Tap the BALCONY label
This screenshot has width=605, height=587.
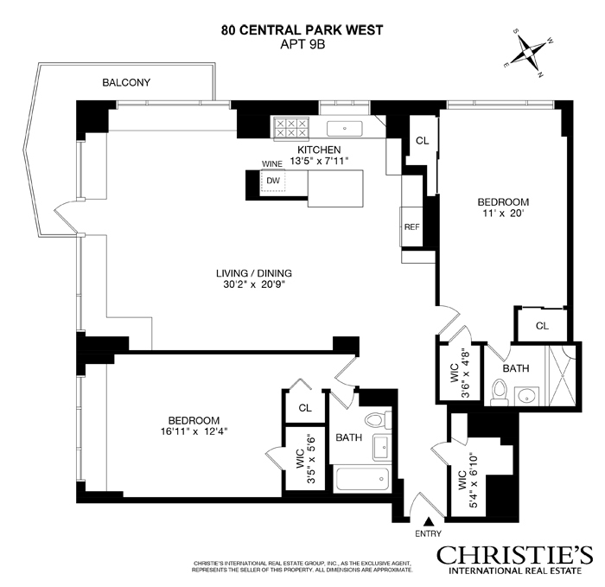coord(126,82)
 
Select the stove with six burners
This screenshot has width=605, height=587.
coord(291,128)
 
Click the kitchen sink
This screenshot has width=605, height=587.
coord(345,129)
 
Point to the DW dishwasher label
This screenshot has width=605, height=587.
coord(273,180)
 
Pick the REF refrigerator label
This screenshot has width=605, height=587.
coord(411,227)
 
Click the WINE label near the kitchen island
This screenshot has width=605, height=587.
coord(272,164)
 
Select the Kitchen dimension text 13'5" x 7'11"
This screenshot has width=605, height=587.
coord(319,161)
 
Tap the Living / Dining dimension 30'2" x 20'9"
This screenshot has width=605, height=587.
coord(253,284)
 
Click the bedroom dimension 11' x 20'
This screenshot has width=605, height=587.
coord(503,213)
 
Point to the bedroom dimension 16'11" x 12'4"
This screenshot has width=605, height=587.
coord(194,431)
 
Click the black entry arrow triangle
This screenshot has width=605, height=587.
coord(428,522)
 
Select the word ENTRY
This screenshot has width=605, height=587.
coord(428,533)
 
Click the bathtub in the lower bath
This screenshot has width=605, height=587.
coord(362,479)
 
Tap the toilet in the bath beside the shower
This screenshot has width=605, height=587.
coord(500,392)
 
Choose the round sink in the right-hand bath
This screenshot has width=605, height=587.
coord(526,396)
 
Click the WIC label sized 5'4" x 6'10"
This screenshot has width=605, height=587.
coord(468,480)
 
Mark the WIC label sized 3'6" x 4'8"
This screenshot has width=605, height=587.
coord(460,373)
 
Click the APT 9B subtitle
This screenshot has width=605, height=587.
coord(302,44)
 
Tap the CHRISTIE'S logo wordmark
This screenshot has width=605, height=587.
coord(515,555)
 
